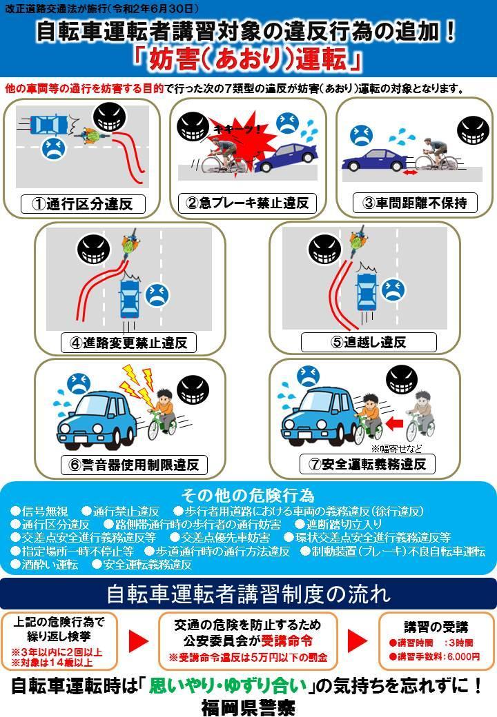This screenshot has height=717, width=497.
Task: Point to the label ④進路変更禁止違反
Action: click(128, 342)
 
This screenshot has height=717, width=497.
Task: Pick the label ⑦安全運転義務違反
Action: click(368, 464)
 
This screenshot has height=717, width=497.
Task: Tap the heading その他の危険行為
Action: click(248, 495)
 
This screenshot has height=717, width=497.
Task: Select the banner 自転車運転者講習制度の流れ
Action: click(248, 593)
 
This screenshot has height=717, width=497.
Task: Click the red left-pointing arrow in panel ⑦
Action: click(396, 421)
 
